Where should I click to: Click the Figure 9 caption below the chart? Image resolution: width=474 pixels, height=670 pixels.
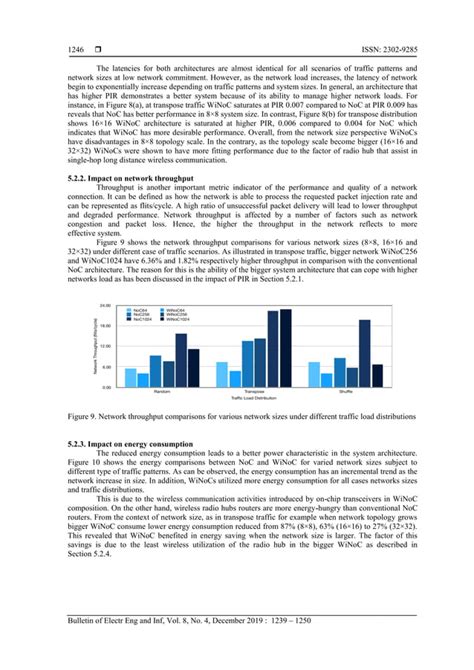(236, 413)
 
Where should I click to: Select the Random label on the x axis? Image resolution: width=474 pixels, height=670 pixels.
(159, 390)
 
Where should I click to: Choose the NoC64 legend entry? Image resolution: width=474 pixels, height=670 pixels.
(140, 310)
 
